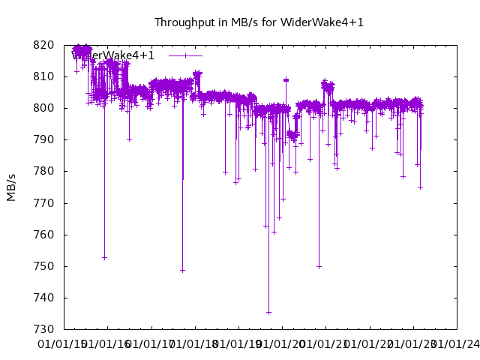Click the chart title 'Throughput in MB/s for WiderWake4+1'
pos(259,22)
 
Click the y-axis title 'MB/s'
pos(11,187)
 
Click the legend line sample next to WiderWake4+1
pos(185,55)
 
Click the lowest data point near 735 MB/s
pos(268,313)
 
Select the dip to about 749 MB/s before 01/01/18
pos(182,271)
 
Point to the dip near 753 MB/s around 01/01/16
pos(104,258)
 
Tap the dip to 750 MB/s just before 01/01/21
pos(319,266)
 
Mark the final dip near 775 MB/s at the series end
pos(420,187)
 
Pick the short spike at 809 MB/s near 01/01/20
pos(286,79)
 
